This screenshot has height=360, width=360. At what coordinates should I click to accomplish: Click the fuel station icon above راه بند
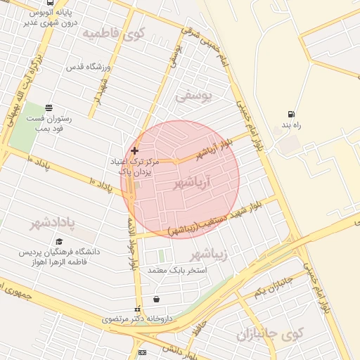[290, 115]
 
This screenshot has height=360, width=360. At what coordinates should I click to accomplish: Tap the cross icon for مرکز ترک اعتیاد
[134, 150]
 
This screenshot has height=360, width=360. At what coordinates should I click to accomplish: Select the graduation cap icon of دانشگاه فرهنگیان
[59, 241]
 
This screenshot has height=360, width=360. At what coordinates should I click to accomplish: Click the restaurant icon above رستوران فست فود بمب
[49, 108]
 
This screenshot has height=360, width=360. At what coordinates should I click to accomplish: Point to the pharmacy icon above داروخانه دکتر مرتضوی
[137, 309]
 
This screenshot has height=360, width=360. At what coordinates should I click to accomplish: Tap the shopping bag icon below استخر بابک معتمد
[155, 299]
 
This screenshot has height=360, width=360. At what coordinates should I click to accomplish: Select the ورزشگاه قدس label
[89, 67]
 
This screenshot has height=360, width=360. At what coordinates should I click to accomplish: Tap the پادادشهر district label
[52, 224]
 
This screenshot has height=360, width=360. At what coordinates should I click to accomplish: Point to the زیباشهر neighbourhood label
[210, 253]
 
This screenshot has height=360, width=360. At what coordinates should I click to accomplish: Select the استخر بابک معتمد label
[166, 269]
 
